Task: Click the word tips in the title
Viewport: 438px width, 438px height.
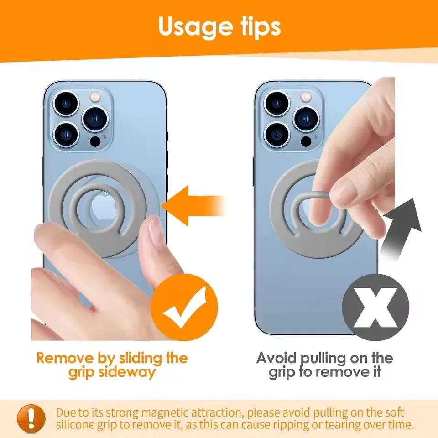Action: (258, 27)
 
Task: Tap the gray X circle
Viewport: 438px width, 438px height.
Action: (375, 306)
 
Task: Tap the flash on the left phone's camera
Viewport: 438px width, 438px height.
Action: (95, 97)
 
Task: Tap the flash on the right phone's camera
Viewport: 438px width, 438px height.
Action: (306, 97)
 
